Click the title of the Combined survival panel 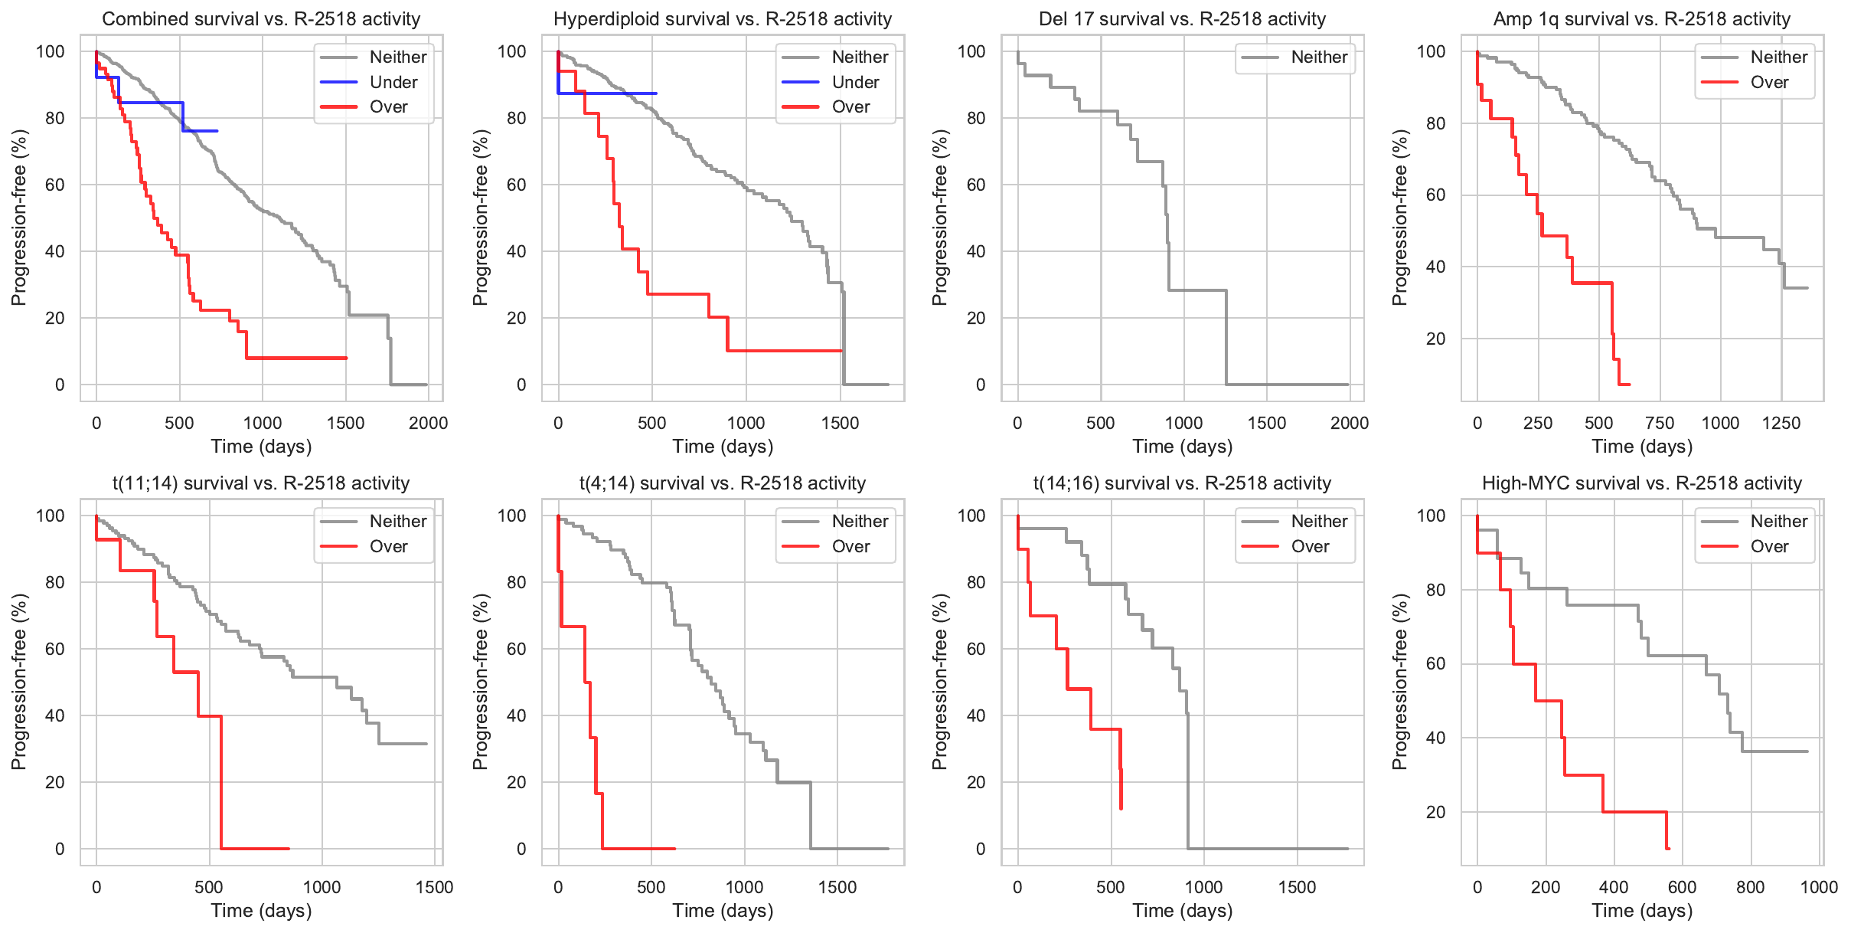pyautogui.click(x=261, y=19)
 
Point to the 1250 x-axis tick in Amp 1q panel pyautogui.click(x=1781, y=423)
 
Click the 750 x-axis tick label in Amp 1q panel pyautogui.click(x=1660, y=423)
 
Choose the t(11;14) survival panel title pyautogui.click(x=261, y=483)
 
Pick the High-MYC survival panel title pyautogui.click(x=1642, y=483)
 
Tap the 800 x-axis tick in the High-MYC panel pyautogui.click(x=1751, y=887)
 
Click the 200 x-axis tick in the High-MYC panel pyautogui.click(x=1546, y=887)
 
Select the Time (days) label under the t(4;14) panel pyautogui.click(x=723, y=911)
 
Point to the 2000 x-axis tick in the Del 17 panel pyautogui.click(x=1350, y=423)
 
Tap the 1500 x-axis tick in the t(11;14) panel pyautogui.click(x=434, y=887)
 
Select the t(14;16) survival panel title pyautogui.click(x=1182, y=483)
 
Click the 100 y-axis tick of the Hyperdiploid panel pyautogui.click(x=512, y=51)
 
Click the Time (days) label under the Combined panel pyautogui.click(x=261, y=447)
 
